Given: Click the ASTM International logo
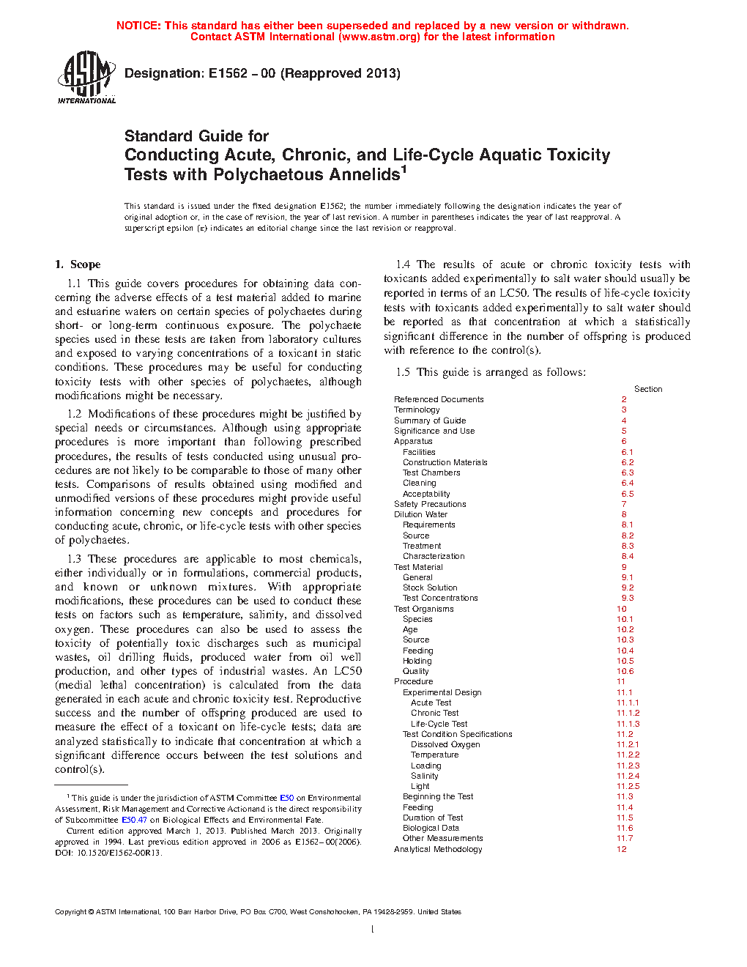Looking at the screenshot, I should [x=86, y=77].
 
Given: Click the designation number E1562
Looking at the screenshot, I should [x=228, y=73].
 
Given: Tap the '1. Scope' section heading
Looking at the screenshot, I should [x=78, y=264].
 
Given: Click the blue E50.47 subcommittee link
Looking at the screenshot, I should [x=134, y=820].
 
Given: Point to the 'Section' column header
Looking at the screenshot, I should [x=648, y=389].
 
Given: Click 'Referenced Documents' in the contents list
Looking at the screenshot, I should [x=439, y=399].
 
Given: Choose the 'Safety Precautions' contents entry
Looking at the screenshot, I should [x=430, y=504].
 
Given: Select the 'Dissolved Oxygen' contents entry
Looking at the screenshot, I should [x=445, y=744].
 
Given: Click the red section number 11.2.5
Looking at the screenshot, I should [x=628, y=786].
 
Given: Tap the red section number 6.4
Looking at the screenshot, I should [x=628, y=483].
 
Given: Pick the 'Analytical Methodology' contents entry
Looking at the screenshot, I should [x=438, y=849].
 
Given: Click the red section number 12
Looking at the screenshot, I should [x=622, y=849].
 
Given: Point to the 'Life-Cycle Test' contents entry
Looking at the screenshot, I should [x=439, y=724].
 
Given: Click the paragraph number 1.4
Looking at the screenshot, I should [x=403, y=264].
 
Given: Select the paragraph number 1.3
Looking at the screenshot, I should [x=74, y=559].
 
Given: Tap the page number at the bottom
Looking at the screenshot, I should [x=373, y=930].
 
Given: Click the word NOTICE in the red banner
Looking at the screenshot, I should [x=138, y=26].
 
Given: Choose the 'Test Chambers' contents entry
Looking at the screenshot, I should [x=431, y=473].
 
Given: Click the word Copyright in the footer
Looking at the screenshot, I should [x=70, y=912].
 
